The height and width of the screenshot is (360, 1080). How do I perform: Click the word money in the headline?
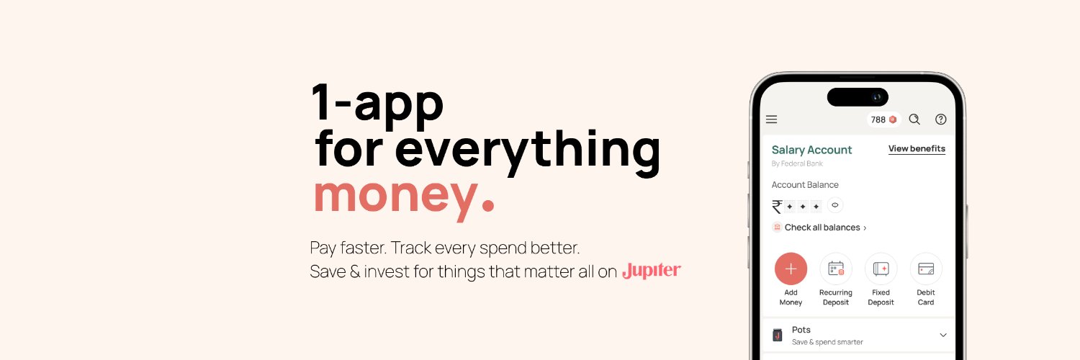coord(395,194)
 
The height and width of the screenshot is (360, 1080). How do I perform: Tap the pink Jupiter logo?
coord(651,271)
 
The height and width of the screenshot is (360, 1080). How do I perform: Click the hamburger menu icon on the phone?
coord(771,120)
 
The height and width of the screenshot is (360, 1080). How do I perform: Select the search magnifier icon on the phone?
coord(914,120)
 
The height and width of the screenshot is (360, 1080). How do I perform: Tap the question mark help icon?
coord(940,120)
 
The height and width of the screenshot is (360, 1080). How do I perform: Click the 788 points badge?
coord(883,120)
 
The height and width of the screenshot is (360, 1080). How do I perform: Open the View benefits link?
coord(917,149)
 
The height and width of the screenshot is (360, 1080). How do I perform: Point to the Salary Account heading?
coord(811,150)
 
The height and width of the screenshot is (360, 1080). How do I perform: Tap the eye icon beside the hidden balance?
coord(835,205)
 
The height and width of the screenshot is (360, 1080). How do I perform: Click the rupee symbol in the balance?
coord(777,207)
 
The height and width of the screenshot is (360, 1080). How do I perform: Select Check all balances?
coord(822,228)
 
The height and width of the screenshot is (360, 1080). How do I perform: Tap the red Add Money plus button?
coord(791,269)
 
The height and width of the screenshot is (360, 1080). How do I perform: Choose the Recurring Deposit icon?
coord(836,269)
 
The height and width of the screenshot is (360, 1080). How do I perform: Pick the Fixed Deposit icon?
coord(881,269)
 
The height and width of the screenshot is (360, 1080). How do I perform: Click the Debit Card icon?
coord(926,269)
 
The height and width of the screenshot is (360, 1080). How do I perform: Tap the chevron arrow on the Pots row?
coord(943,335)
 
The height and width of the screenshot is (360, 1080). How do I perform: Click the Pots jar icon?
coord(777,335)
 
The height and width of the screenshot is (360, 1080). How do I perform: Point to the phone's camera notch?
coord(858,97)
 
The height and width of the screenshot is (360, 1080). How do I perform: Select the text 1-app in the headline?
coord(377,102)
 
